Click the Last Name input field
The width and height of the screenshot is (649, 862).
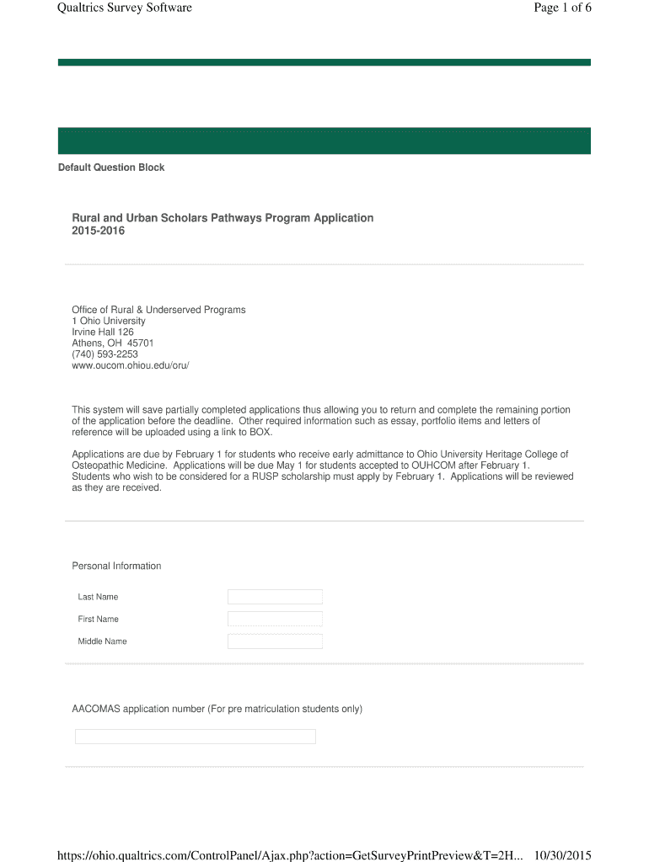tap(275, 597)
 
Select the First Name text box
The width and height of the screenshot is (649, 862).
tap(275, 619)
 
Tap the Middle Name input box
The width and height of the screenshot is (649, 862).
tap(275, 641)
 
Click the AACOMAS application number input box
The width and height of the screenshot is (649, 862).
tap(195, 737)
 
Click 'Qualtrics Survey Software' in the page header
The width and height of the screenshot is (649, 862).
tap(125, 8)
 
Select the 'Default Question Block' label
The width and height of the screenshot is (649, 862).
tap(111, 168)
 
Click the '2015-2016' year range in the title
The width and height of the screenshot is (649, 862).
tap(98, 231)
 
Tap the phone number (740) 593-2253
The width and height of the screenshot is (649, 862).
tap(105, 354)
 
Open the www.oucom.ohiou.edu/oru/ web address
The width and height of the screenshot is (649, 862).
tap(131, 365)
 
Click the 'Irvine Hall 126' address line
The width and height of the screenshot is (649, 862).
tap(103, 333)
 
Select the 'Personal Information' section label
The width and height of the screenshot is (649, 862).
tap(116, 566)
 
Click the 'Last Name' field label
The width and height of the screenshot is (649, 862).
tap(98, 597)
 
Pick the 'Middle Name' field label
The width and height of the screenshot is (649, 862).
tap(102, 641)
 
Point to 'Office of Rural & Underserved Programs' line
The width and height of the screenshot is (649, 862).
tap(158, 310)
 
